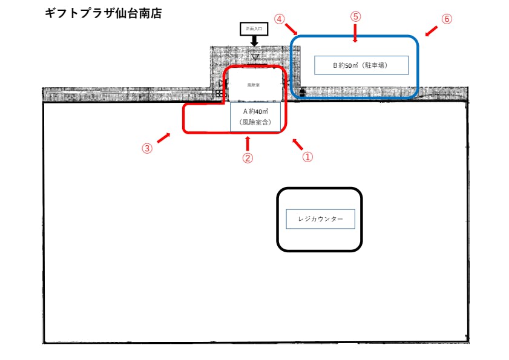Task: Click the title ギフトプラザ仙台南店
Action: (103, 13)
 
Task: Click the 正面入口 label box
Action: (254, 28)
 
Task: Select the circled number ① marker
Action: (307, 157)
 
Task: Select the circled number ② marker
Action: (247, 158)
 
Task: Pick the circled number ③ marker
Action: (147, 148)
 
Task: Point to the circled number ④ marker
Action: (279, 19)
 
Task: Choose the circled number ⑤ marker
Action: (355, 16)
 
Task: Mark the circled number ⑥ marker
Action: (447, 19)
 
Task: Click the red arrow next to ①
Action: (297, 144)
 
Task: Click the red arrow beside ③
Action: (163, 137)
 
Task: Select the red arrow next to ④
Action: (291, 29)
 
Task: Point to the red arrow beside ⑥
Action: (431, 30)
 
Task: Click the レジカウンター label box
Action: (320, 219)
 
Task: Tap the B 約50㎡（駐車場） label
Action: (361, 65)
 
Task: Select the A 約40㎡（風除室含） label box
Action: (255, 117)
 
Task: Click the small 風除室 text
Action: (253, 85)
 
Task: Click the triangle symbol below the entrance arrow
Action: (255, 58)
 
